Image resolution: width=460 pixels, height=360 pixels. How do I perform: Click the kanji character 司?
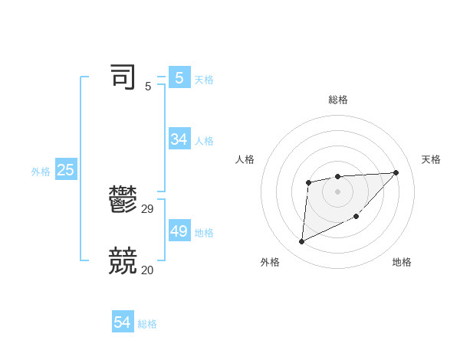tap(123, 77)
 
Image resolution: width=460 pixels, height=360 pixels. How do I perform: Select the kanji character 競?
tap(123, 261)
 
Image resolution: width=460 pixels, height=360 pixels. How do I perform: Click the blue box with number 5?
tap(179, 77)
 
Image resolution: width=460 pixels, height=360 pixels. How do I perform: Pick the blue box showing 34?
tap(179, 139)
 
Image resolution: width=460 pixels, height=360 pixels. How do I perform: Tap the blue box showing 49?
tap(179, 231)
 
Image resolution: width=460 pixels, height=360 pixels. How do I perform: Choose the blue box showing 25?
tap(66, 170)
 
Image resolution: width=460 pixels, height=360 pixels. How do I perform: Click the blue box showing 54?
tap(123, 322)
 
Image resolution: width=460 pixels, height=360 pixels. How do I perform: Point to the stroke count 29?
tap(148, 208)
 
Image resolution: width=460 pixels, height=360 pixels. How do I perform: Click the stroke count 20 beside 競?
tap(148, 270)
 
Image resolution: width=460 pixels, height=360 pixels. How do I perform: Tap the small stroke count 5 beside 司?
tap(148, 87)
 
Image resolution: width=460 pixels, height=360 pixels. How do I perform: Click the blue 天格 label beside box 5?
tap(204, 79)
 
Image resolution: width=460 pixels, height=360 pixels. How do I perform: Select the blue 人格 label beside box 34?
tap(204, 141)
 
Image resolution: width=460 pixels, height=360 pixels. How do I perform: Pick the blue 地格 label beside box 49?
tap(204, 233)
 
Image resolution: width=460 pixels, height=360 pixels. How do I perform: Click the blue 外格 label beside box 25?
tap(41, 172)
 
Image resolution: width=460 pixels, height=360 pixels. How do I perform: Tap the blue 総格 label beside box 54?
tap(147, 324)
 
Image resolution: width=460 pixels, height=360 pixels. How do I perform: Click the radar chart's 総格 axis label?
tap(337, 100)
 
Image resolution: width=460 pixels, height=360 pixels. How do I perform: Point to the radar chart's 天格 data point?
tap(396, 172)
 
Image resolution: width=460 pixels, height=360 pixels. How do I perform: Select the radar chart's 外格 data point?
tap(302, 242)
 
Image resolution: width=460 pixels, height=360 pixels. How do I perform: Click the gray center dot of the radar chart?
tap(337, 191)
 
